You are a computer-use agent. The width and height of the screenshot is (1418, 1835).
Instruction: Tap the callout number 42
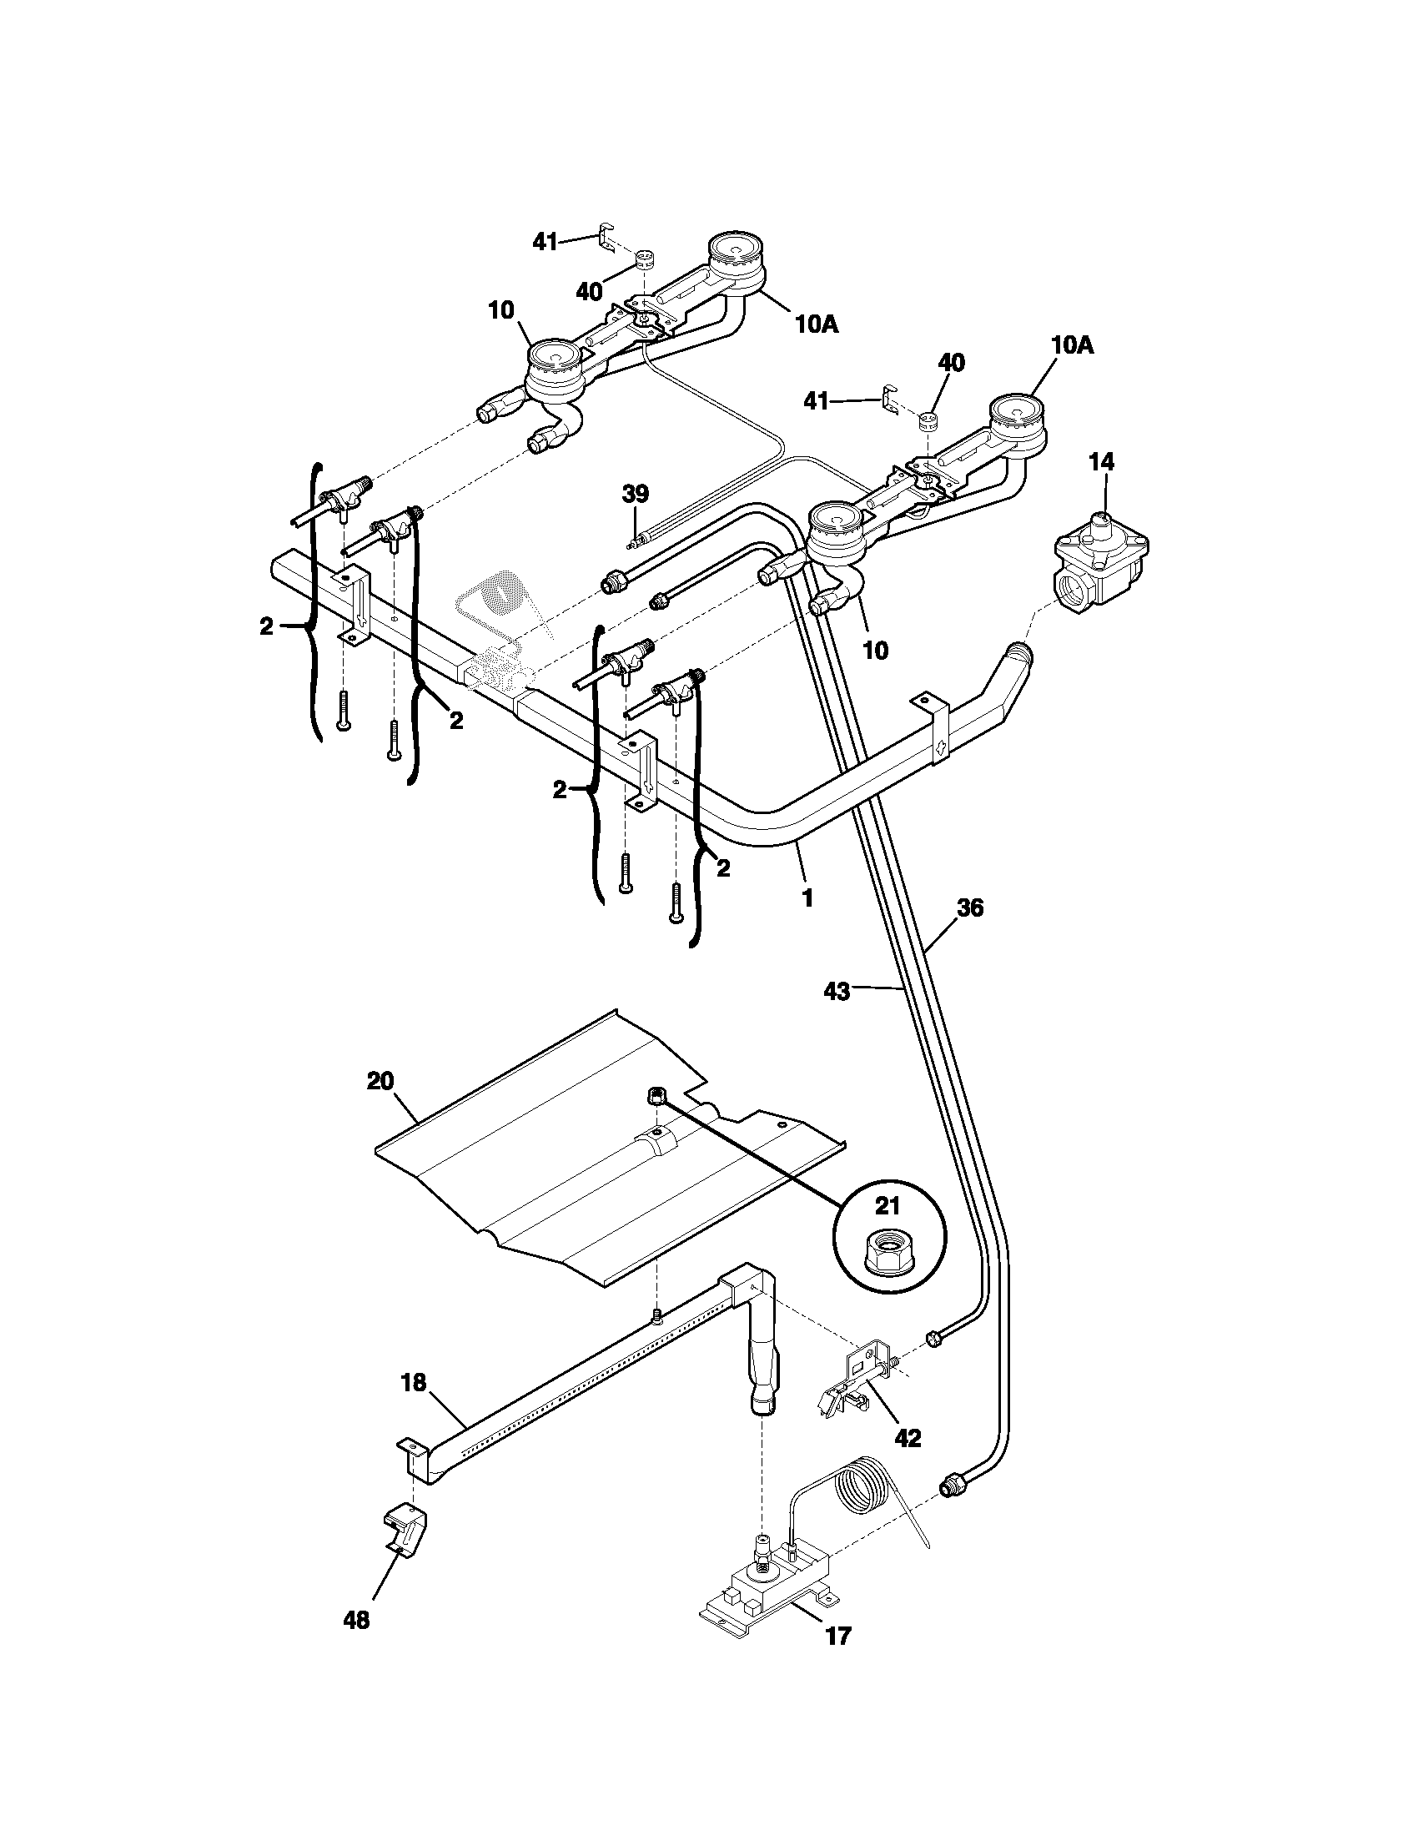pyautogui.click(x=908, y=1438)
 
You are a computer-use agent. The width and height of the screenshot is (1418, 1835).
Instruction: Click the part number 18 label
pyautogui.click(x=413, y=1382)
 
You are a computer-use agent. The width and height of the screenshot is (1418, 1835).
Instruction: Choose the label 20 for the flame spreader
pyautogui.click(x=380, y=1080)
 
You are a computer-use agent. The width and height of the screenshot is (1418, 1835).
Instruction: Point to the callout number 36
pyautogui.click(x=969, y=908)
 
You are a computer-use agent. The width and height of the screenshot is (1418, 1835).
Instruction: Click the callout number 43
pyautogui.click(x=837, y=993)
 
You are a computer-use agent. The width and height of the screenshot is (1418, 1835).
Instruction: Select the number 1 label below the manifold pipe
pyautogui.click(x=807, y=897)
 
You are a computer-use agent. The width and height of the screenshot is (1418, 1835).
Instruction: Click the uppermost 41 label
pyautogui.click(x=546, y=242)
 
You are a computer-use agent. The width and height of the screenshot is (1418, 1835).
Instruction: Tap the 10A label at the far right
pyautogui.click(x=1072, y=345)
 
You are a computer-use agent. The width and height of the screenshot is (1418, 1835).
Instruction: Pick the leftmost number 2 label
pyautogui.click(x=266, y=626)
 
